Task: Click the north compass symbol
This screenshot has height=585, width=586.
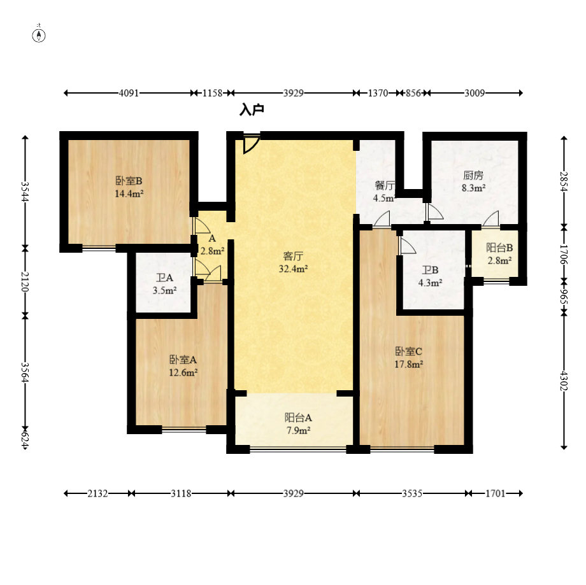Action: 39,36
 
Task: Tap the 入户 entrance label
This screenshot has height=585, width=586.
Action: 252,110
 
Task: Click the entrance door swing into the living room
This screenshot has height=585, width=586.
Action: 251,144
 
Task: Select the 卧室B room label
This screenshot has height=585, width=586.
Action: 129,181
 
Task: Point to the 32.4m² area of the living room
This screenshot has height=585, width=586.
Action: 294,269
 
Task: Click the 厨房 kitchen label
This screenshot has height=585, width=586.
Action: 473,175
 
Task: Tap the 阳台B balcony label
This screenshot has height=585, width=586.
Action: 499,248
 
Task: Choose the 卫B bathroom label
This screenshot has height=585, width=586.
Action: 430,270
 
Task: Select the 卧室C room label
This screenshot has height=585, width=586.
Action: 408,351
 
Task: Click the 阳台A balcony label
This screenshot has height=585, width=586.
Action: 298,418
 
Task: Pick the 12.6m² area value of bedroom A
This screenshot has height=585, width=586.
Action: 183,372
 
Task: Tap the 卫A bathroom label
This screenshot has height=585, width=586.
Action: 165,278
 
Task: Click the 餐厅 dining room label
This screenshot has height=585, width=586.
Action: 385,185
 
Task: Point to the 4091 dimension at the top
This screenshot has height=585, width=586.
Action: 129,93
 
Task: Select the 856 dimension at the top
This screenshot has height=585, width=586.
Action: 413,93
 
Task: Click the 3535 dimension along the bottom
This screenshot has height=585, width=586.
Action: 412,493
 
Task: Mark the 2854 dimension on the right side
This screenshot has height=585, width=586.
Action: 564,181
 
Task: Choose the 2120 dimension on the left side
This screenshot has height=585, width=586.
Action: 25,281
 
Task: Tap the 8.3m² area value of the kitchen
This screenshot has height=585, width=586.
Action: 473,188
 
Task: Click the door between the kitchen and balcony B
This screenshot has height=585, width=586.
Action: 490,219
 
